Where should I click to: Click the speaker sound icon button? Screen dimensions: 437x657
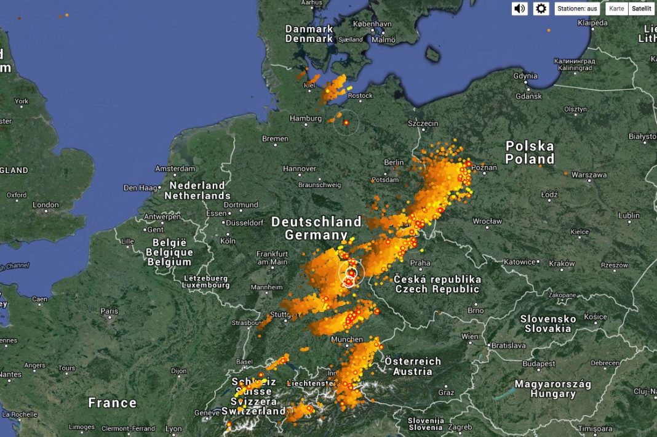520,9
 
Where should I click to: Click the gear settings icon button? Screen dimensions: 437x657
541,9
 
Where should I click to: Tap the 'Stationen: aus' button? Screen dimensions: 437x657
577,9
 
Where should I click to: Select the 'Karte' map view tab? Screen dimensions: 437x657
616,9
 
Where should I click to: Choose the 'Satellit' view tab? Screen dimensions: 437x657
642,9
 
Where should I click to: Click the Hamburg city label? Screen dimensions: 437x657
306,118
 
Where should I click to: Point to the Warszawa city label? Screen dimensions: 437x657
589,175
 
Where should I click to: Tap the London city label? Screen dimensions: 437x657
46,205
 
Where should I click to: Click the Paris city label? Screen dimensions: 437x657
109,311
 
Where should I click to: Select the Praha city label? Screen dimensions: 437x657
420,263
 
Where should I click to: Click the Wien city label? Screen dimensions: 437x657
470,337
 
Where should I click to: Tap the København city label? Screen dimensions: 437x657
372,24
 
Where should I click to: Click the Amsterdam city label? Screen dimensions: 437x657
175,169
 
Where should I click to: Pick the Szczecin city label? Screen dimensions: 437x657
423,124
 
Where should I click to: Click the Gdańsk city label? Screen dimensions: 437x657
529,96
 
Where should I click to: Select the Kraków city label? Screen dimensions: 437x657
562,263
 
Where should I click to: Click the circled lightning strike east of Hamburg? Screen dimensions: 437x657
346,123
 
